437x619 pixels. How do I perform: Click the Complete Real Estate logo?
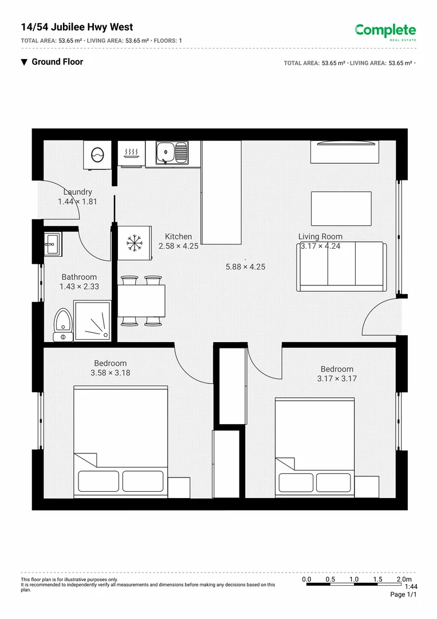coord(385,32)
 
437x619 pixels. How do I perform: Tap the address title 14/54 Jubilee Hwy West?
coord(77,27)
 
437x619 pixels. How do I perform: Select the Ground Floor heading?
coord(57,62)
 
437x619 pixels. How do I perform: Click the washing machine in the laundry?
coord(97,154)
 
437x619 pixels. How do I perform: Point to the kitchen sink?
coord(172,153)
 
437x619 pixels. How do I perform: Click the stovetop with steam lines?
coord(132,154)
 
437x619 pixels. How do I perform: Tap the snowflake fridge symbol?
coord(135,242)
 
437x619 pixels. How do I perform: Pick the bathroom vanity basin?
coord(53,244)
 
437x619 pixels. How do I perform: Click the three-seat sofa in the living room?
coord(342,267)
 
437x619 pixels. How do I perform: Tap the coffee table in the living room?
coord(341,208)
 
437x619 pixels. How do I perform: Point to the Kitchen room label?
coord(179,237)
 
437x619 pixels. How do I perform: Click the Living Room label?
coord(320,237)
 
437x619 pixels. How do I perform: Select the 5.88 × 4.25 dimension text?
coord(245,267)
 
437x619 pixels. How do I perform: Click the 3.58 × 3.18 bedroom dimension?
coord(111,373)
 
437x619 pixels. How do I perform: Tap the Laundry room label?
coord(78,193)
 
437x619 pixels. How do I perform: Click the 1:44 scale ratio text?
coord(411,587)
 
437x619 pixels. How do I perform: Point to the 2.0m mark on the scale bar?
coord(404,579)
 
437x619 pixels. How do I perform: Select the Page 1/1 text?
coord(404,595)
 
